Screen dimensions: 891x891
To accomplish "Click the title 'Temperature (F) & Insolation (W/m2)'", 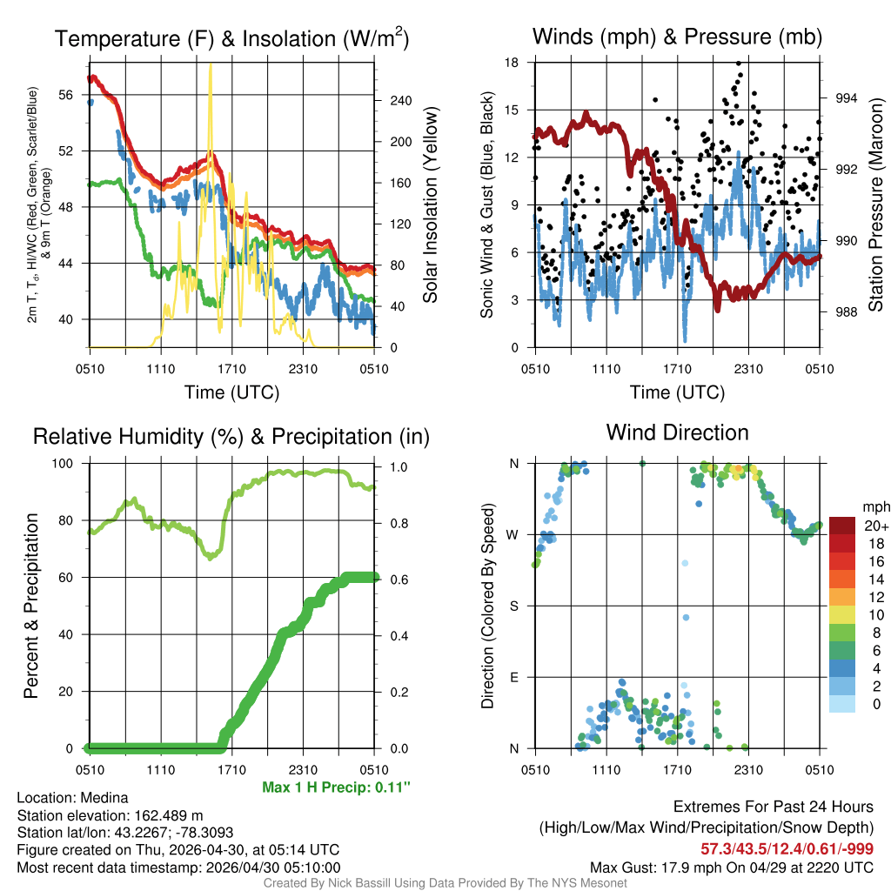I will (x=231, y=39).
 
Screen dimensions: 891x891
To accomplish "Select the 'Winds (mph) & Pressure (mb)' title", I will (x=677, y=37).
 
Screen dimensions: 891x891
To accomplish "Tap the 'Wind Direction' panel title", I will (x=677, y=432).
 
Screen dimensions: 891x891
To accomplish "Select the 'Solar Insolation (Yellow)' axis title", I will (x=431, y=205).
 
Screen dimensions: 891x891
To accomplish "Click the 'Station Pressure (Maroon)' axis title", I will (x=875, y=205).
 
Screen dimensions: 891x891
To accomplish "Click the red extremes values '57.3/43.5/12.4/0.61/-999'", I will (x=787, y=848).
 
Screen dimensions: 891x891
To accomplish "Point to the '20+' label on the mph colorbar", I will (x=875, y=526).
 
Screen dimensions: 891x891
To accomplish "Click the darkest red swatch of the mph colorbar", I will (x=843, y=526).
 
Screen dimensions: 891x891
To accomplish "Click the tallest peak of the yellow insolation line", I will (x=211, y=66).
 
